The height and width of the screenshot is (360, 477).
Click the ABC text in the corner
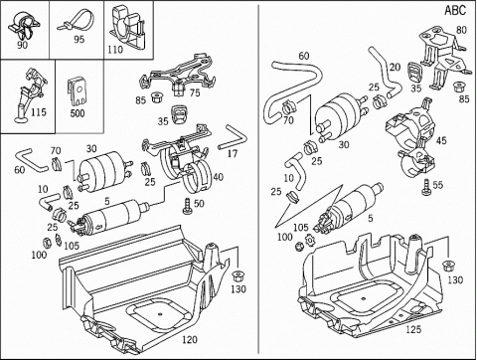click(455, 10)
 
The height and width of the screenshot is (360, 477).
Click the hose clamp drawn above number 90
click(23, 26)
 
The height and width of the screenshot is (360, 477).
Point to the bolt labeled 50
click(187, 206)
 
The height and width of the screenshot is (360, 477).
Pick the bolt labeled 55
click(426, 187)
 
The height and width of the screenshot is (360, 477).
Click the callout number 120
click(190, 340)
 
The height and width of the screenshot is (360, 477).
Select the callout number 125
click(413, 329)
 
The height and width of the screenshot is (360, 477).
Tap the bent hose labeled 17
click(234, 137)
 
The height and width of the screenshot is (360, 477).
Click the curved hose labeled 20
click(385, 72)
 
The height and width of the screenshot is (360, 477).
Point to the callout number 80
click(461, 30)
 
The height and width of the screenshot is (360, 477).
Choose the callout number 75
click(195, 92)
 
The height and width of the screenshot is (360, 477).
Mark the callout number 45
click(441, 140)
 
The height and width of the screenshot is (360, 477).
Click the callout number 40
click(218, 177)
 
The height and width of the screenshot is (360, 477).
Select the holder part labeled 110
click(128, 27)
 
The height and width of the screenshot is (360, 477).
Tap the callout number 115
click(39, 112)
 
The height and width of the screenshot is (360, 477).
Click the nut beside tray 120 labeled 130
click(237, 275)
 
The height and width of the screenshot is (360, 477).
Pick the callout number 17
click(233, 153)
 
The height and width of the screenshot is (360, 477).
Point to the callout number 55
click(438, 185)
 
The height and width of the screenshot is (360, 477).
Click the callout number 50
click(199, 203)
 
